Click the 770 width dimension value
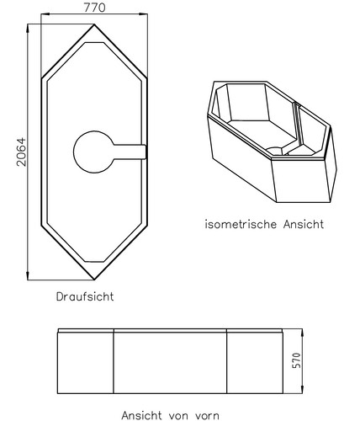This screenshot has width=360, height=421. point(94,8)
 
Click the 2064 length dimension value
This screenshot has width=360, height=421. point(21,152)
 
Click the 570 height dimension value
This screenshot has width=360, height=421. point(296,360)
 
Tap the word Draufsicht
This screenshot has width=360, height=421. point(85,296)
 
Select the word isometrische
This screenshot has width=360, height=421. point(241,224)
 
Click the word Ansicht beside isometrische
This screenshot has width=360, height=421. point(304,224)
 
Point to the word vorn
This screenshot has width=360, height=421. point(206,415)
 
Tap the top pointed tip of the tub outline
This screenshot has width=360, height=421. point(94,24)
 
